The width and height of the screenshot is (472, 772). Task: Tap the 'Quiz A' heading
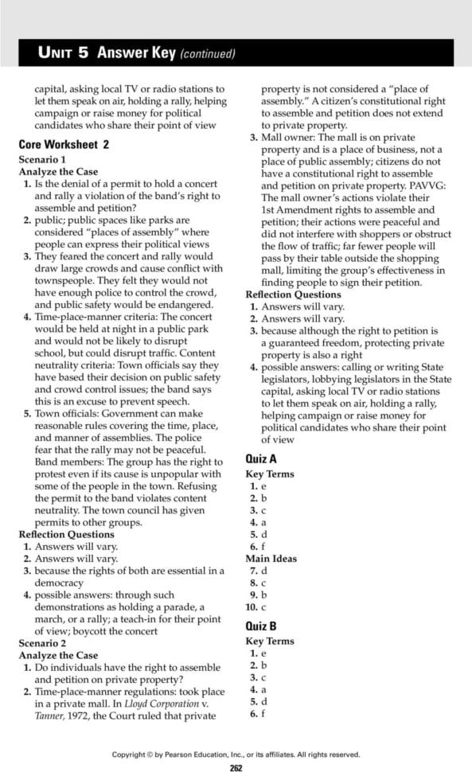tap(261, 458)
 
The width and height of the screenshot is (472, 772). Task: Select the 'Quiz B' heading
tap(261, 626)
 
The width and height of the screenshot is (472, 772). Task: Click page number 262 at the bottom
tap(236, 767)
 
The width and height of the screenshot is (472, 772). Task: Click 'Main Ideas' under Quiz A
tap(271, 558)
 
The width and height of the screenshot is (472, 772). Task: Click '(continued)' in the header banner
tap(208, 54)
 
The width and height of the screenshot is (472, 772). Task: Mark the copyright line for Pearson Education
tap(236, 754)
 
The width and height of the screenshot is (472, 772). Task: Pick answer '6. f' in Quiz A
tap(256, 546)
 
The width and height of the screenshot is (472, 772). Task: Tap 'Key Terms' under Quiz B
tap(270, 641)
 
